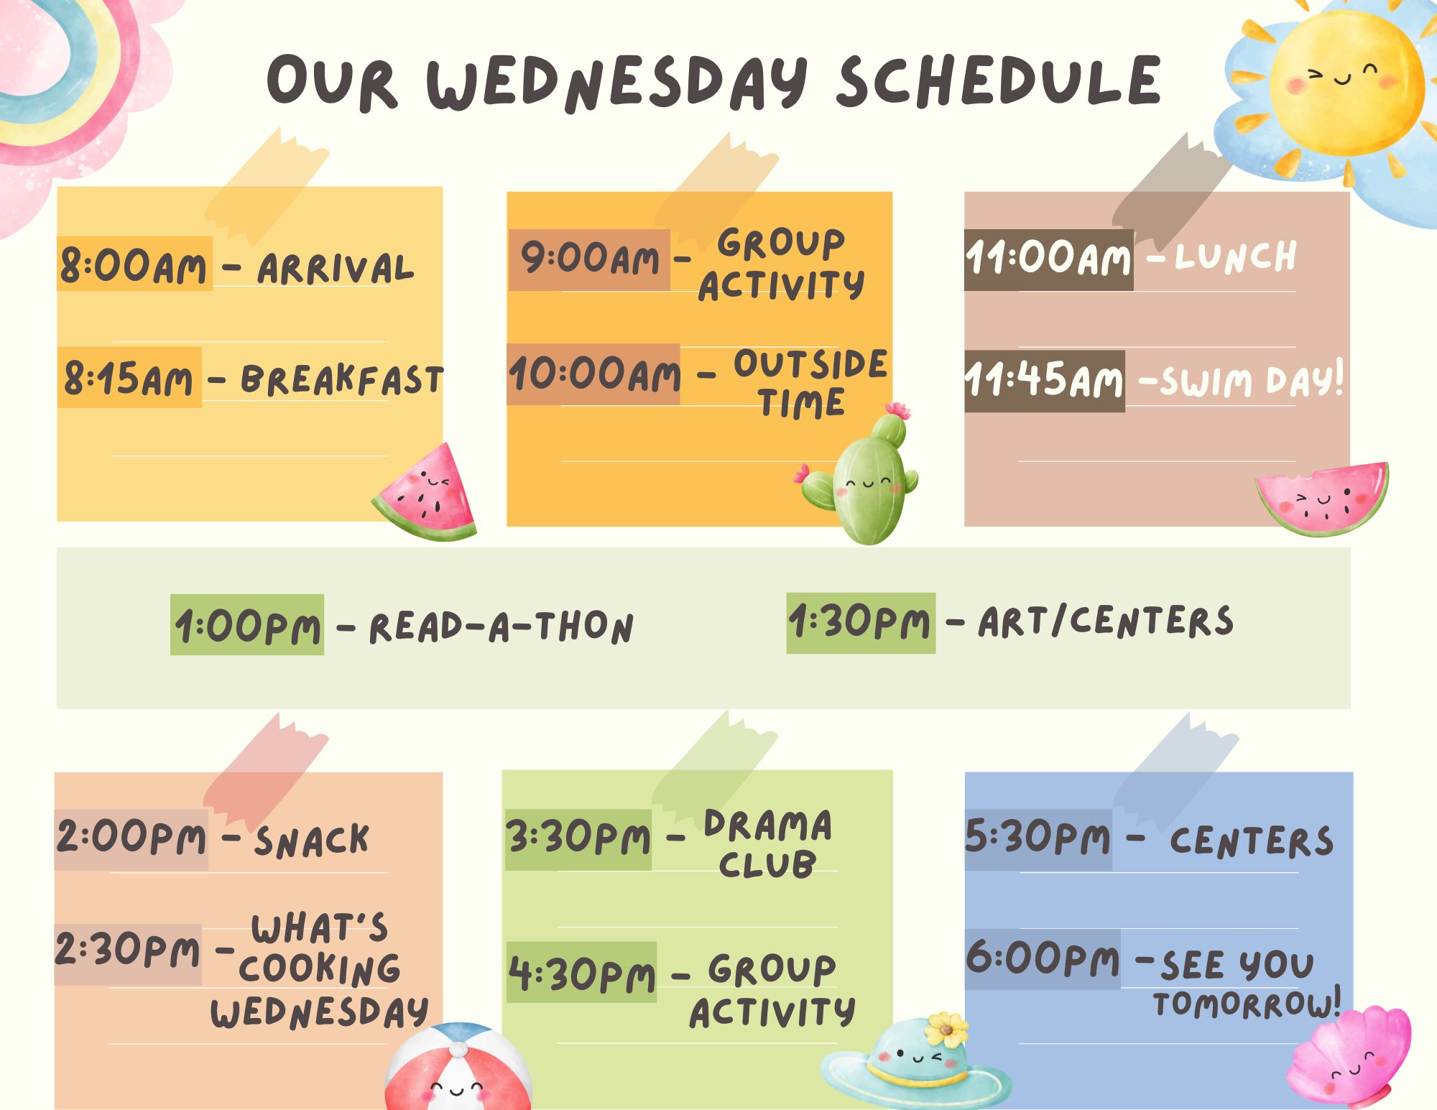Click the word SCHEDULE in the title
click(999, 80)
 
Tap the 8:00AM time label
click(134, 264)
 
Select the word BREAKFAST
click(342, 379)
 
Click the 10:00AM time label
click(593, 374)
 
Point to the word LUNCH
click(1236, 257)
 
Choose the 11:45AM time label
click(1044, 381)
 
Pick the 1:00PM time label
click(247, 625)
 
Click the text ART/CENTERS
click(1106, 621)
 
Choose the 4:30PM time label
click(581, 973)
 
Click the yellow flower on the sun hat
click(946, 1029)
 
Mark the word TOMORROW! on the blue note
click(1247, 1004)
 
